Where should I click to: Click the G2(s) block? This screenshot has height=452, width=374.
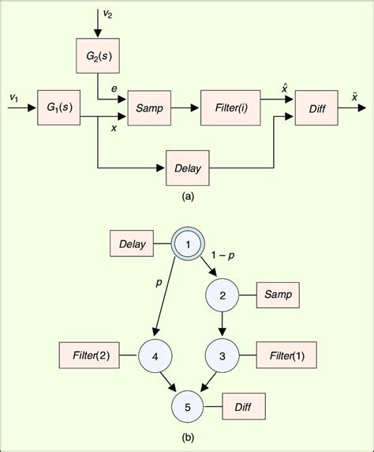(98, 58)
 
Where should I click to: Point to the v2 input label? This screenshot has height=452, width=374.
(108, 13)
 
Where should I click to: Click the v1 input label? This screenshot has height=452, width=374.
(13, 96)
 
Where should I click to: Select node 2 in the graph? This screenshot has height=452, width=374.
(222, 296)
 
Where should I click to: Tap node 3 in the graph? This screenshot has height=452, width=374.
(222, 356)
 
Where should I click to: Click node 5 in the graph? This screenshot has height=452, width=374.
(188, 407)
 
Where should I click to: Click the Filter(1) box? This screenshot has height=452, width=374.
(286, 356)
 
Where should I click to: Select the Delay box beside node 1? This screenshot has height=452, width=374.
(132, 245)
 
